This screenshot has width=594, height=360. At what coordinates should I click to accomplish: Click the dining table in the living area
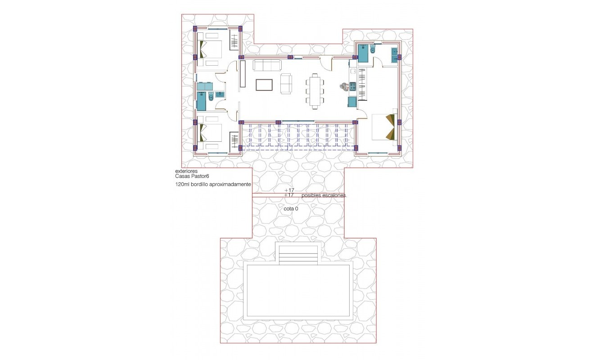pyautogui.click(x=315, y=92)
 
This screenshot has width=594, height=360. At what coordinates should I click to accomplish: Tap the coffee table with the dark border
pyautogui.click(x=264, y=85)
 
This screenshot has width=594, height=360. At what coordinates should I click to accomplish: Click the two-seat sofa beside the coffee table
pyautogui.click(x=286, y=84)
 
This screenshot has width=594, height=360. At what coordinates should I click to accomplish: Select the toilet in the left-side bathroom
pyautogui.click(x=211, y=96)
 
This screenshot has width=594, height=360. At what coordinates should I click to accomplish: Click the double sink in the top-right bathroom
pyautogui.click(x=394, y=54)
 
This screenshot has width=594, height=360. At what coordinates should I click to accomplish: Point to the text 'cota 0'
pyautogui.click(x=291, y=209)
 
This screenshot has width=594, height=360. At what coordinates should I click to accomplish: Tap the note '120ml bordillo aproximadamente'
pyautogui.click(x=213, y=184)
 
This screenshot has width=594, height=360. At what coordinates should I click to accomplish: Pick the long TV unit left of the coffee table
pyautogui.click(x=243, y=74)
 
